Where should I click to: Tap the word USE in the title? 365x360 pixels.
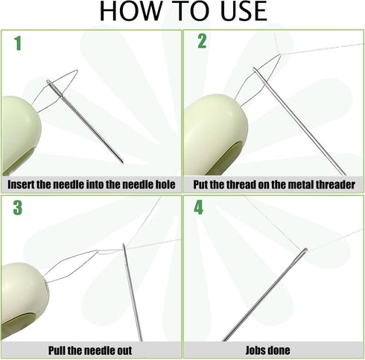click(x=244, y=10)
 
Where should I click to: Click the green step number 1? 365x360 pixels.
click(x=18, y=43)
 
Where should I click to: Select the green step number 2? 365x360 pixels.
click(x=202, y=41)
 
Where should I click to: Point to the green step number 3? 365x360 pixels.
click(x=18, y=208)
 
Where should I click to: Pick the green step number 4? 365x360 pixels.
click(x=198, y=207)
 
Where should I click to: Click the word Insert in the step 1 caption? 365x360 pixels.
click(x=21, y=185)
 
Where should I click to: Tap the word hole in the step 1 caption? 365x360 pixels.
click(x=166, y=185)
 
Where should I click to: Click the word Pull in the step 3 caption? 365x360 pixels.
click(x=57, y=350)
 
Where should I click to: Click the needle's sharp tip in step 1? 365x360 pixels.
click(x=123, y=162)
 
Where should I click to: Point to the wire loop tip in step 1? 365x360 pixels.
click(x=77, y=71)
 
